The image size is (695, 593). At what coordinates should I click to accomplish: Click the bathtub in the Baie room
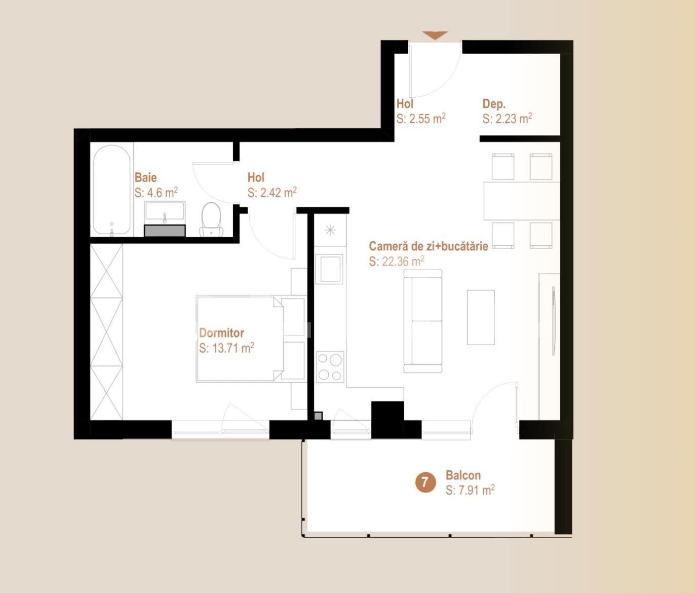click(111, 191)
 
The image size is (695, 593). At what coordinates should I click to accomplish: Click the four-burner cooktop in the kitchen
click(330, 366)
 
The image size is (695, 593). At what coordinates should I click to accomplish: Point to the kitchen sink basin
click(329, 268)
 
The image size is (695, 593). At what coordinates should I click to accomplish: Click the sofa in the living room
click(423, 321)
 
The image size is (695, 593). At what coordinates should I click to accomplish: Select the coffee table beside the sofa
click(480, 317)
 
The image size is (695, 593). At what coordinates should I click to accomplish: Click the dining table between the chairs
click(521, 201)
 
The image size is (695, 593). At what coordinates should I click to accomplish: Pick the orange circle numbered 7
click(426, 483)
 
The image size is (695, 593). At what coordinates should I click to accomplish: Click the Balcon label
click(463, 475)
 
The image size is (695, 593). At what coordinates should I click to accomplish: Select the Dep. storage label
click(494, 104)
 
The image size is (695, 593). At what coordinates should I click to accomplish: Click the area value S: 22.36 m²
click(397, 262)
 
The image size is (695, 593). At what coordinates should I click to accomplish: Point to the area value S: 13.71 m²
click(226, 348)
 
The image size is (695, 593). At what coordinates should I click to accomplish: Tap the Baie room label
click(145, 177)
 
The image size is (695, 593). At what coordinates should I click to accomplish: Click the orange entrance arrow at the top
click(435, 35)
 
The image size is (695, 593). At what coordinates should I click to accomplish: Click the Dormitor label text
click(221, 333)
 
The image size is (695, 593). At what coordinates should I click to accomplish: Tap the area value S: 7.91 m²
click(470, 490)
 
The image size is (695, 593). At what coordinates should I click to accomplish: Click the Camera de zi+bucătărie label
click(428, 246)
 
